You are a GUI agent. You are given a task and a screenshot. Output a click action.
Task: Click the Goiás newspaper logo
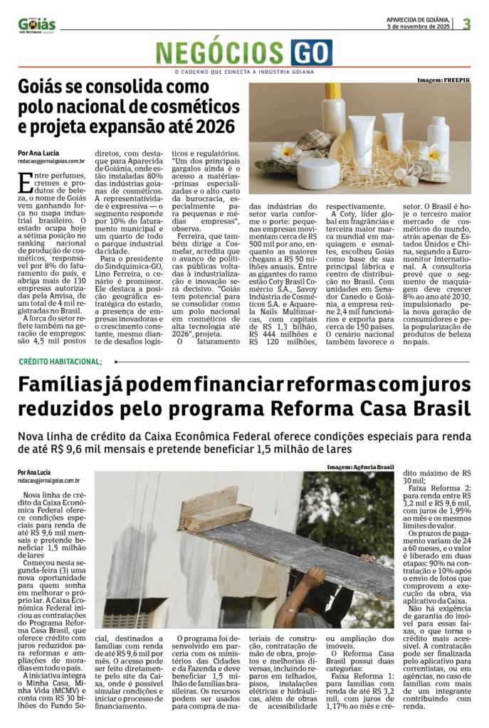tap(36, 25)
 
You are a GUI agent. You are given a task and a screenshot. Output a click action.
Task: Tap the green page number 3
tap(467, 23)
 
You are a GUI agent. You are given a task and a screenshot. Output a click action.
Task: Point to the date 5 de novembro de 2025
tap(418, 26)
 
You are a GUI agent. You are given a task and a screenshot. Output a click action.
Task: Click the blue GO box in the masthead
tap(311, 53)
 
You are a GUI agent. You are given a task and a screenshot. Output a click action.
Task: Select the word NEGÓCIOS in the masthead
tap(221, 53)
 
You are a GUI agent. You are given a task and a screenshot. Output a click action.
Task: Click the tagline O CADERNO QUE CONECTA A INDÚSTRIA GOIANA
tap(244, 71)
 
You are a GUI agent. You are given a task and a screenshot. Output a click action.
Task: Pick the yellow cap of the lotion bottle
tap(333, 91)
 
